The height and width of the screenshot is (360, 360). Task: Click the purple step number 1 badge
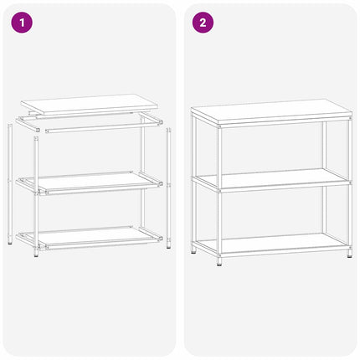point(22,23)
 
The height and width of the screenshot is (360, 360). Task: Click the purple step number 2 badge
point(202,23)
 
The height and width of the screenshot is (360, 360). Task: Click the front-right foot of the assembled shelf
point(349,254)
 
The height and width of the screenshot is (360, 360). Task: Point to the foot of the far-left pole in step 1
point(10,241)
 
